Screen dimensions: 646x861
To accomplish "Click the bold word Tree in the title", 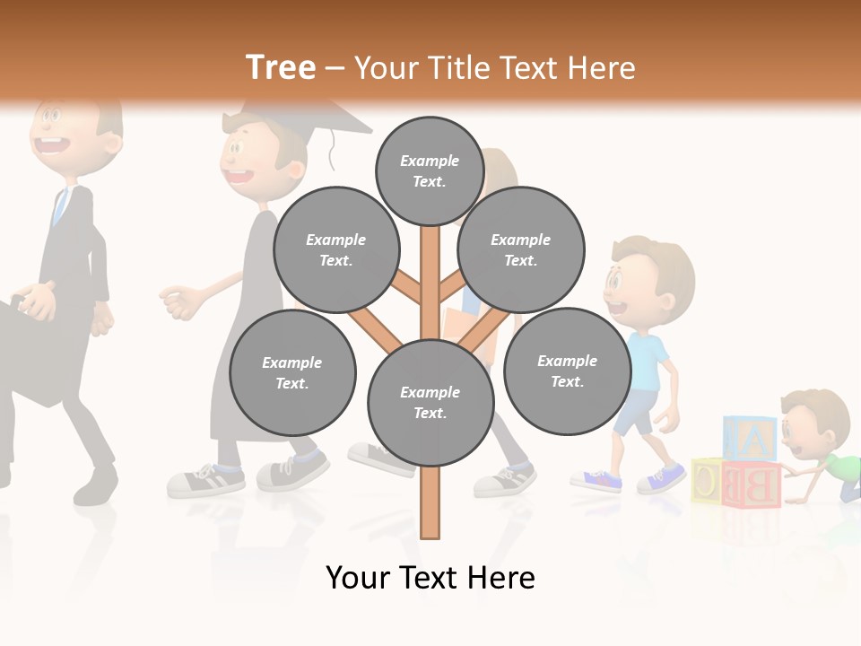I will pyautogui.click(x=281, y=67).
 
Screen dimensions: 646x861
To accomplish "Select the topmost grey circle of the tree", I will pyautogui.click(x=430, y=170).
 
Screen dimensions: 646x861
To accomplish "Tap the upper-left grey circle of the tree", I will pyautogui.click(x=335, y=249).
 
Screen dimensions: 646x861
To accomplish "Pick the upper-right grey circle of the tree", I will pyautogui.click(x=520, y=249).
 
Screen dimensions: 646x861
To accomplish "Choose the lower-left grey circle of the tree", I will pyautogui.click(x=292, y=372).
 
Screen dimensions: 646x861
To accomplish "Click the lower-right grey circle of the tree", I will pyautogui.click(x=567, y=371).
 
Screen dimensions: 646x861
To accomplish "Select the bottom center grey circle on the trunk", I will pyautogui.click(x=430, y=402).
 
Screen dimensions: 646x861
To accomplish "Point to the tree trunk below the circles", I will pyautogui.click(x=430, y=502).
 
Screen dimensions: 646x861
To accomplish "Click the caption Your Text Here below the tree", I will pyautogui.click(x=430, y=577).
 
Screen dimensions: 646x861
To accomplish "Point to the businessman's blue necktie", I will pyautogui.click(x=60, y=206).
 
